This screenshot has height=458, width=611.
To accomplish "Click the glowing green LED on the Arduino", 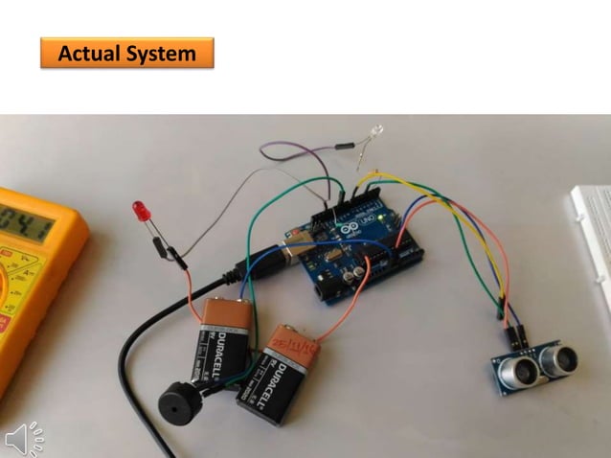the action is click(382, 222).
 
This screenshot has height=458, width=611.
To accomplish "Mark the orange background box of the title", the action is click(126, 54).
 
